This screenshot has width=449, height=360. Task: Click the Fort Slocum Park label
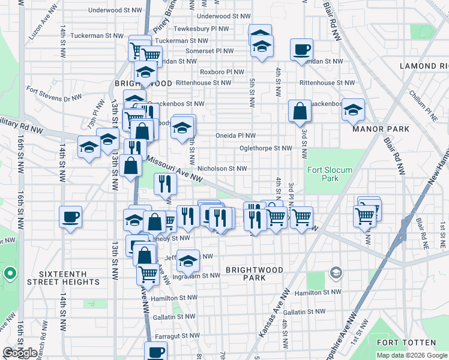(x=323, y=174)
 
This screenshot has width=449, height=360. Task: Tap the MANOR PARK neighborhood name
(x=381, y=129)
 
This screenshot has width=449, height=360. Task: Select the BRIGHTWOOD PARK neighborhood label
(x=255, y=274)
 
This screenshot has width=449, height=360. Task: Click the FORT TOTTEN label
(x=406, y=343)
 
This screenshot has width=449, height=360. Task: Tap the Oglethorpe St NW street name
(x=265, y=148)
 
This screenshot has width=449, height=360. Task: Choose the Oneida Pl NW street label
(x=235, y=136)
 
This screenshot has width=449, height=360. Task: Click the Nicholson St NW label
(x=222, y=169)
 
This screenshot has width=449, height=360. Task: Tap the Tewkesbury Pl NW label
(x=201, y=29)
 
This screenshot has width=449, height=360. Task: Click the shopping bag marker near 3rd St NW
(x=299, y=111)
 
